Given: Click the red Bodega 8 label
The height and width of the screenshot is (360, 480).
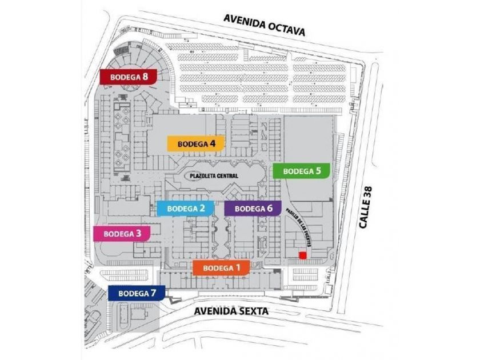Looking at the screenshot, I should coord(128,77).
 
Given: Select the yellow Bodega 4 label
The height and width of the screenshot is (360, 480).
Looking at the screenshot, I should coord(196,143).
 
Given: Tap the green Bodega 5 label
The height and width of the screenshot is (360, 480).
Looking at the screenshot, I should coord(302,170).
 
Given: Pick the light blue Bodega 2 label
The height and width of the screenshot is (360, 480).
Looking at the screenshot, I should coord(185,209).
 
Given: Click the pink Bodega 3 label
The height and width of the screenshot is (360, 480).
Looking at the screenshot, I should coord(122,233).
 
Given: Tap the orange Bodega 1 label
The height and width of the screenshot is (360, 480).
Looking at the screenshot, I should coord(221,267).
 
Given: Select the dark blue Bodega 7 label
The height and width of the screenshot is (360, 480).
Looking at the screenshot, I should coord(137,293).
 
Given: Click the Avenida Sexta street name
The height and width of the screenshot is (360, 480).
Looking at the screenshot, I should coord(231,312).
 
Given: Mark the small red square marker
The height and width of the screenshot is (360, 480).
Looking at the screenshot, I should coord(302,255).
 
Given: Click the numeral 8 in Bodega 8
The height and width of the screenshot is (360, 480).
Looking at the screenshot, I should coord(146,77).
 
